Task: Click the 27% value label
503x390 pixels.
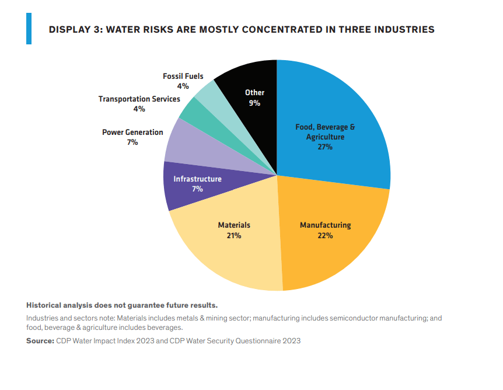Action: click(325, 147)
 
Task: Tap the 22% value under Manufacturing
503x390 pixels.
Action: click(325, 236)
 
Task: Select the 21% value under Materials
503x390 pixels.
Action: click(234, 236)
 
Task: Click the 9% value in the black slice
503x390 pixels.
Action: click(254, 103)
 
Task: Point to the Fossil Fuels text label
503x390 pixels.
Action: click(183, 76)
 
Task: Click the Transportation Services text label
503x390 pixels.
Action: click(139, 99)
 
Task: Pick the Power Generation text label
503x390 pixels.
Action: click(132, 133)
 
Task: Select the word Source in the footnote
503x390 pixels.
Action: click(40, 341)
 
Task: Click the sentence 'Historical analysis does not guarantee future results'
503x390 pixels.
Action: click(122, 305)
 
